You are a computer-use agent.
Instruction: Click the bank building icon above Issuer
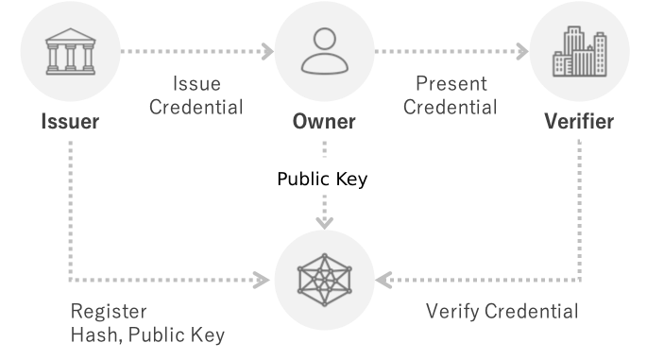(71, 52)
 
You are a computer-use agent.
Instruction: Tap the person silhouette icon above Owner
(325, 51)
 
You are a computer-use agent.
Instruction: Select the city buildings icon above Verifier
(580, 51)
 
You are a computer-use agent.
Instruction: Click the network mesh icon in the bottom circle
(325, 280)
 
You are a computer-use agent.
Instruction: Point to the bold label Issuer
(70, 121)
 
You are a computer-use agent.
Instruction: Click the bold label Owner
(324, 121)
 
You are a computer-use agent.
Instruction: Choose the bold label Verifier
(579, 121)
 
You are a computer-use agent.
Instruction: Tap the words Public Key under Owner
(322, 180)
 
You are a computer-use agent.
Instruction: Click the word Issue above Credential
(196, 84)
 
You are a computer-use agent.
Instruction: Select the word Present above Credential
(451, 84)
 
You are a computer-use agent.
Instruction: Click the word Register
(109, 311)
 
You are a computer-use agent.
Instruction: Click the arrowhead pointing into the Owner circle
(268, 52)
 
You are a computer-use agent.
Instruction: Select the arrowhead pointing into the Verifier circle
(523, 52)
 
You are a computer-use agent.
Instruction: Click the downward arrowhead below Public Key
(325, 223)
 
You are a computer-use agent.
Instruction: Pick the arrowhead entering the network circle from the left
(262, 280)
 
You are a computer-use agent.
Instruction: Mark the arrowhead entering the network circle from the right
(383, 280)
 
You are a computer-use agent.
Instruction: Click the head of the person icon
(325, 39)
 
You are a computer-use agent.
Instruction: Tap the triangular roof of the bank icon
(71, 34)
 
